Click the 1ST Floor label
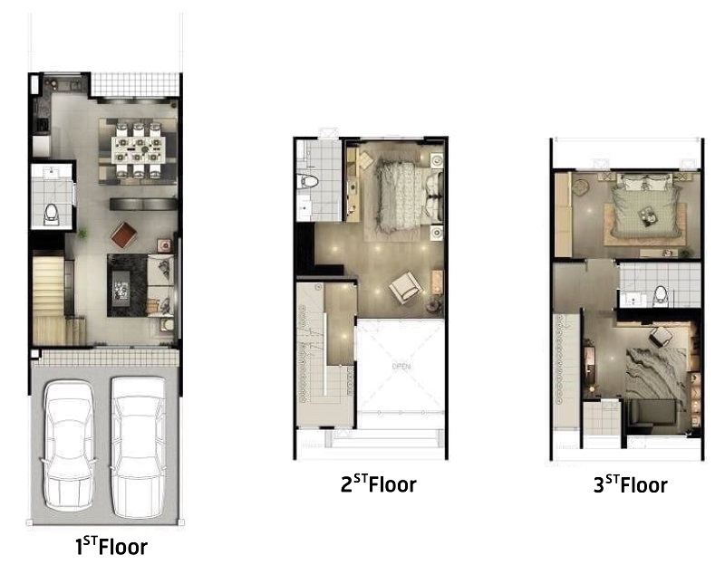[x=111, y=546]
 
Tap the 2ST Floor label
[x=378, y=483]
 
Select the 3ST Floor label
[x=630, y=484]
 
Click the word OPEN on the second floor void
[x=401, y=367]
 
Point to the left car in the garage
[x=69, y=445]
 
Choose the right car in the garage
[x=138, y=447]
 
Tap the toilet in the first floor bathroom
[x=51, y=214]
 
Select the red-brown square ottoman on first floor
[x=124, y=234]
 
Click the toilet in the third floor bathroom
[x=661, y=294]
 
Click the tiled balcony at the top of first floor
[x=134, y=84]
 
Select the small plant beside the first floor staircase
[x=82, y=234]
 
